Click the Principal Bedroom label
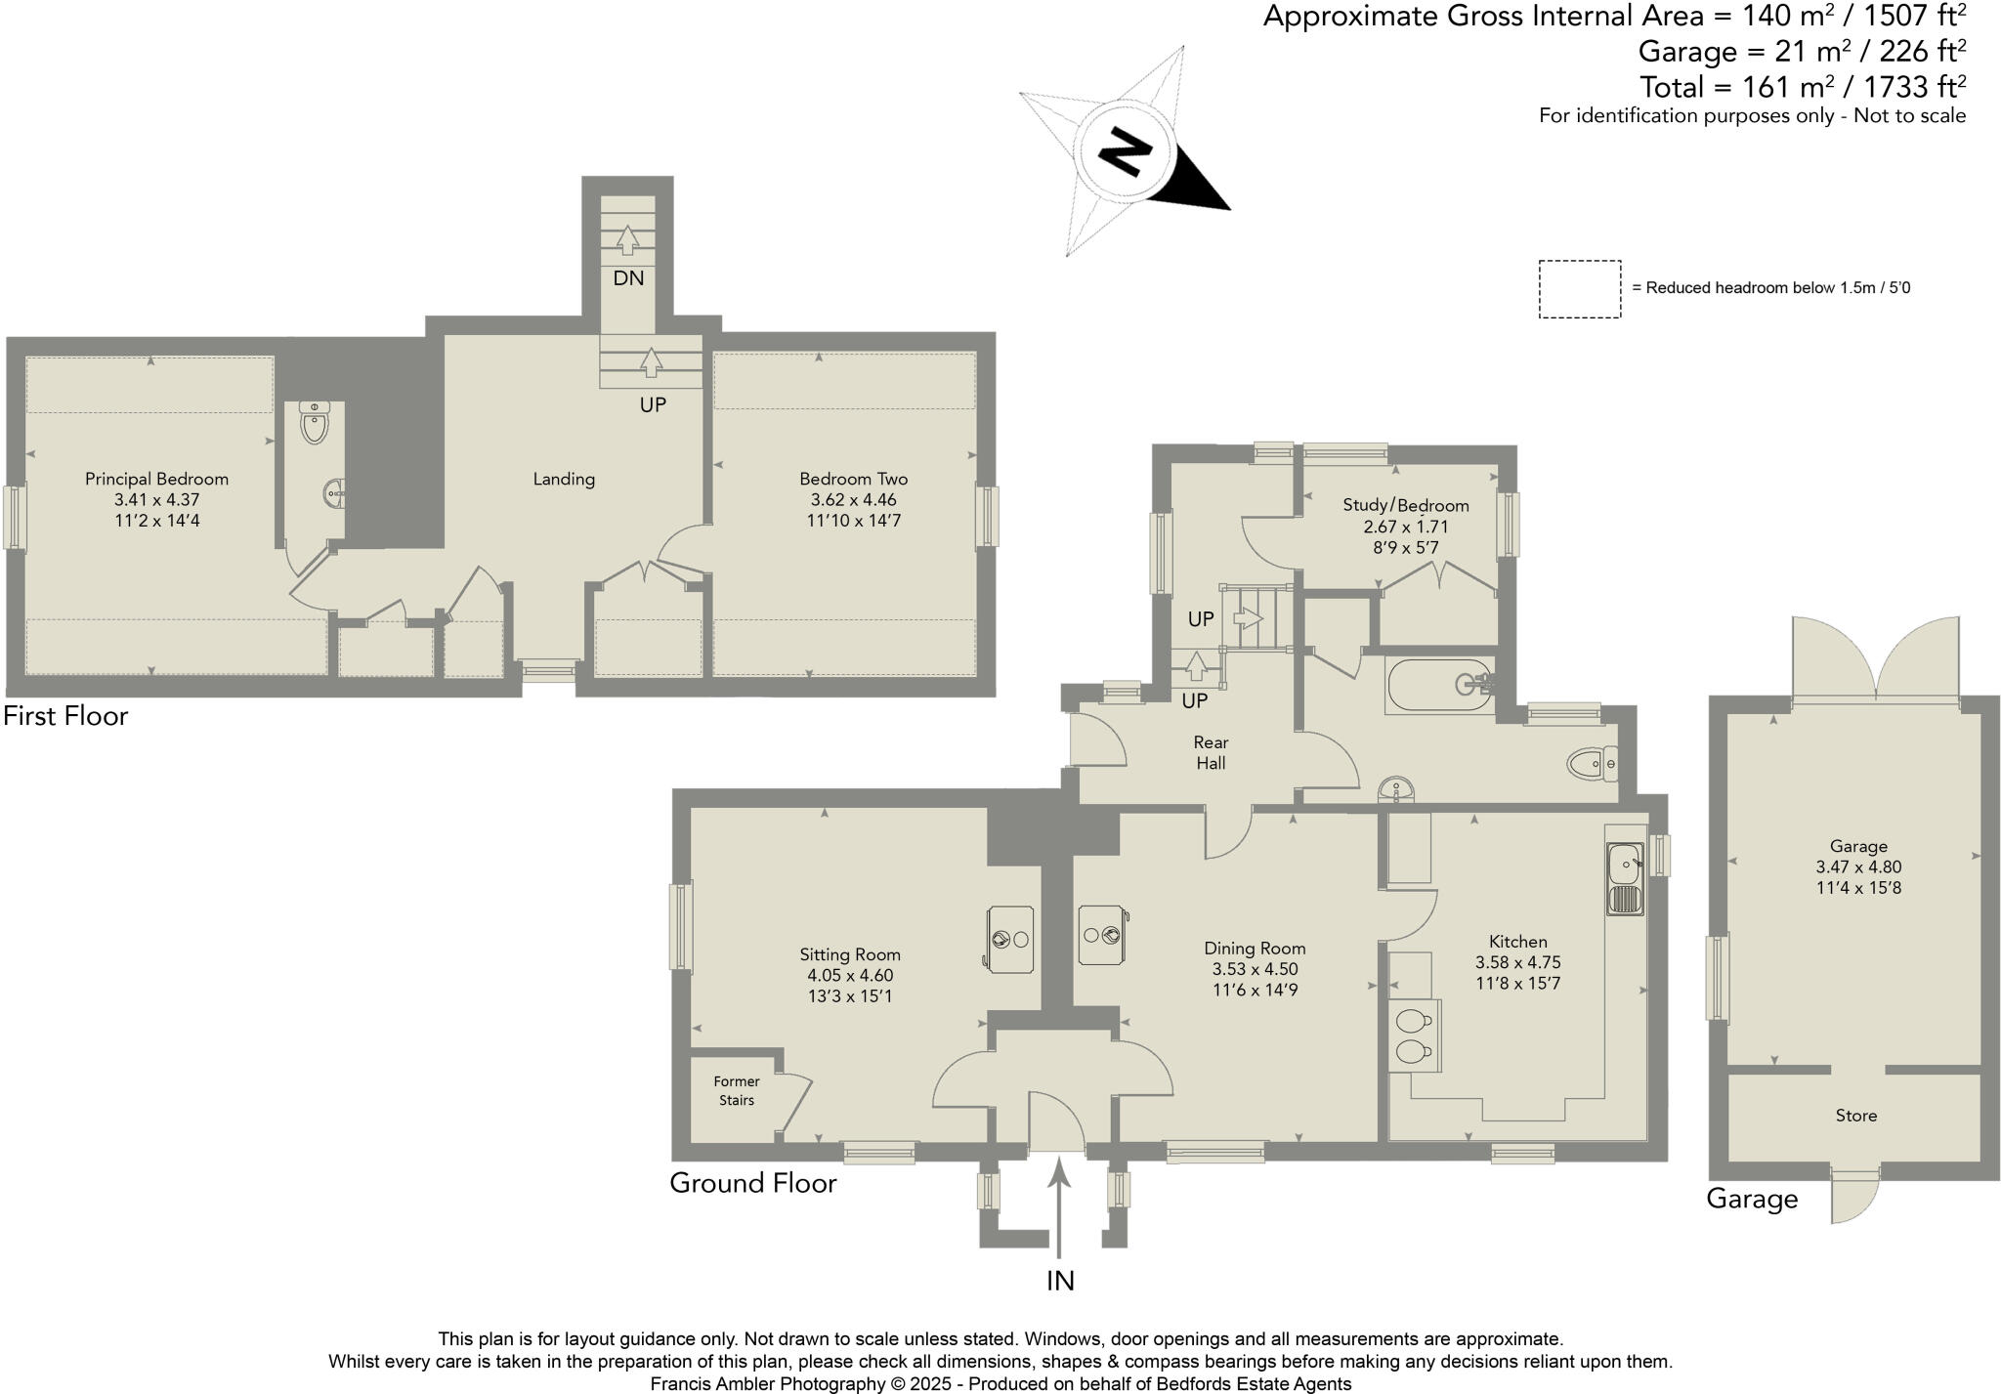156,479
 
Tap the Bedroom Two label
853,479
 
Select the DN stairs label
628,278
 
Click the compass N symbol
1124,151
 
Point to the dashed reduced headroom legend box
1580,289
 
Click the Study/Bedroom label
1405,505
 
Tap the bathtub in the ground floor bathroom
1440,685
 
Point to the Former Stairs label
737,1090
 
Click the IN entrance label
1060,1281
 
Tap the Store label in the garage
1855,1116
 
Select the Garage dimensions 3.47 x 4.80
1858,866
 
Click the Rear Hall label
1211,752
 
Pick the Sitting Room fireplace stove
1010,939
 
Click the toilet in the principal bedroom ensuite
314,422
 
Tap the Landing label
564,479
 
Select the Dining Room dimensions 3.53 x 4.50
1255,969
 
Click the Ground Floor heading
753,1183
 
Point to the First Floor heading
65,716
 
